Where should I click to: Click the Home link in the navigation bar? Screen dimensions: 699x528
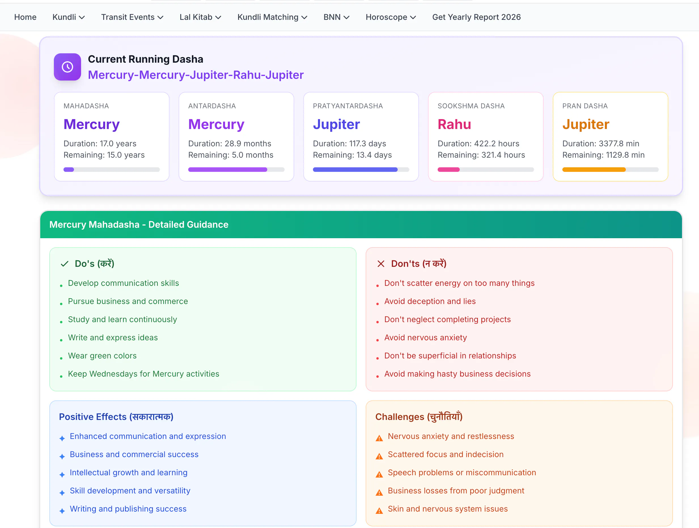25,17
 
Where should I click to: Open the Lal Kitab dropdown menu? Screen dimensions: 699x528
200,17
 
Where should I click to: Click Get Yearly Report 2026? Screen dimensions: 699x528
476,17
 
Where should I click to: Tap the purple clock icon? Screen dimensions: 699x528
67,67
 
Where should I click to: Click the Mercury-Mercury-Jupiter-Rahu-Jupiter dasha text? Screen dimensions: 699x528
196,75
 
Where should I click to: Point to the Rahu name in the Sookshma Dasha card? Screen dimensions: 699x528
454,124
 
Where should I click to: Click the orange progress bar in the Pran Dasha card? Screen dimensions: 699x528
594,170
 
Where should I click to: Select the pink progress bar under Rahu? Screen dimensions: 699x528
448,170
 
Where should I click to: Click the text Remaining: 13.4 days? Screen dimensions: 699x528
352,155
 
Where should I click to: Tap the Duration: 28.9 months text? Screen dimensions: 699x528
229,143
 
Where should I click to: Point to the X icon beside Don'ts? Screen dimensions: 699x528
381,264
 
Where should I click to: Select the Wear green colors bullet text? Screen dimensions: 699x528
102,356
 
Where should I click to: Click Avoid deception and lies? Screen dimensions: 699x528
430,301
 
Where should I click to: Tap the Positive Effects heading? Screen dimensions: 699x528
116,417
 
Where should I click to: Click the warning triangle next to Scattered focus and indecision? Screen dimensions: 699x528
379,456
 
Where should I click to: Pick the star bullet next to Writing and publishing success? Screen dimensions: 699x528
62,511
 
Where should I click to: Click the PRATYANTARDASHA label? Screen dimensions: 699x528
348,106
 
